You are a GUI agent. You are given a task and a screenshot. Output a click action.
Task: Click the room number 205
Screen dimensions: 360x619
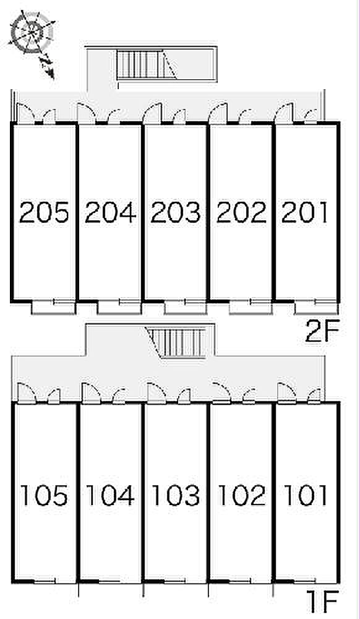click(x=44, y=212)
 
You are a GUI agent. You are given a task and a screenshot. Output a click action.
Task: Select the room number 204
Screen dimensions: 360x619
click(x=110, y=212)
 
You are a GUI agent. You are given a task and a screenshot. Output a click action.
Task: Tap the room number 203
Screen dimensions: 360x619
click(x=176, y=212)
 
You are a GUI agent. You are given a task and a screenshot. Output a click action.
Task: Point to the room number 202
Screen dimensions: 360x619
click(x=241, y=212)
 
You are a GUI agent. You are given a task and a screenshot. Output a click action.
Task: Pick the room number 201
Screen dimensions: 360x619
click(x=304, y=212)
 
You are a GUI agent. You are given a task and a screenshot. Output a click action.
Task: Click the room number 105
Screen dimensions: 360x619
click(x=44, y=495)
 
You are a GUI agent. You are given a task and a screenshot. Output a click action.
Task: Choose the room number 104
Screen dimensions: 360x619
click(x=110, y=495)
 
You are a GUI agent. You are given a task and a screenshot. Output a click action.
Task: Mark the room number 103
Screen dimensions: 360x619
click(x=176, y=495)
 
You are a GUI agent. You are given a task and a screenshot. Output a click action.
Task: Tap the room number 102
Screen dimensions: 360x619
click(x=241, y=495)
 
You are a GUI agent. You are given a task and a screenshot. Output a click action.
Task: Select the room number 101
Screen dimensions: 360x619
click(x=305, y=495)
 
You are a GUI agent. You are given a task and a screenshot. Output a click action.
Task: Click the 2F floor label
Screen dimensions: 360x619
click(x=322, y=332)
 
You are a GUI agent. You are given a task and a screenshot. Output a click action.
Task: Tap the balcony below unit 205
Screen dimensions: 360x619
click(x=54, y=308)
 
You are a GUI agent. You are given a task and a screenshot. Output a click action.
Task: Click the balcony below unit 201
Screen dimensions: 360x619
click(x=317, y=308)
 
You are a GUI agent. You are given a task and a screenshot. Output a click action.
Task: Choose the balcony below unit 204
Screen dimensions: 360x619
click(x=119, y=308)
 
